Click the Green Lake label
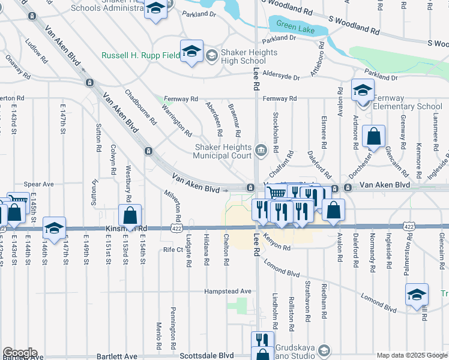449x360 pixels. tap(294, 26)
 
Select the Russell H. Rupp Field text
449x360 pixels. tap(140, 55)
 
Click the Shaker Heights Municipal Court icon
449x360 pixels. tap(261, 150)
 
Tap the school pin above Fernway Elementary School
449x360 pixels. tap(363, 90)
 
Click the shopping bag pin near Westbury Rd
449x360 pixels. tap(130, 215)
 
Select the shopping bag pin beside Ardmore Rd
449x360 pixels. tap(373, 136)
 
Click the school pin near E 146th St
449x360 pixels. tap(54, 228)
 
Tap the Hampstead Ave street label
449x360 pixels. tap(229, 291)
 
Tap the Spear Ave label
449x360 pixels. tap(39, 184)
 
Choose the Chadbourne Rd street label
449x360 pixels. tap(139, 107)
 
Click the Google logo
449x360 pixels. tap(19, 353)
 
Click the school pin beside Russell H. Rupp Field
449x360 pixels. tap(191, 51)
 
